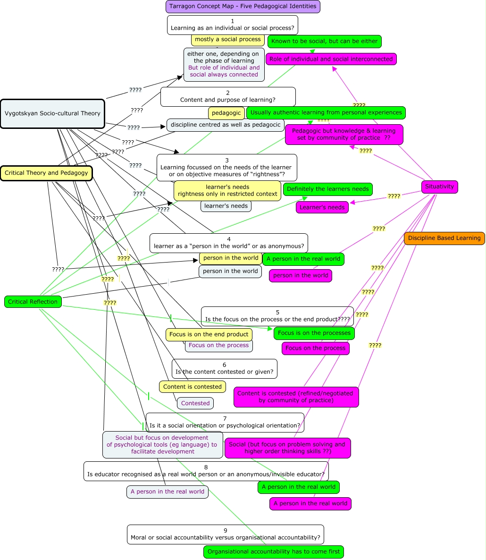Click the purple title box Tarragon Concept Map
pos(243,7)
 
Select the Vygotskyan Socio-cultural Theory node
pos(52,113)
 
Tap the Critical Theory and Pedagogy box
pos(46,173)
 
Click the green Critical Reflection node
pos(33,302)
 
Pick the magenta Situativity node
pos(439,187)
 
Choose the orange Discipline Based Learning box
pos(444,238)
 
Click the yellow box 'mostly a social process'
pos(227,40)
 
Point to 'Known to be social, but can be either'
pos(324,41)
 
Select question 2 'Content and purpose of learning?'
pos(228,97)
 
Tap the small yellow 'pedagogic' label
pos(226,113)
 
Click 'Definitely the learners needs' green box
pos(327,189)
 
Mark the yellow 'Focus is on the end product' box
pos(209,334)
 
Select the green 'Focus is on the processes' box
pos(314,333)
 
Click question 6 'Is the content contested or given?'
pos(224,368)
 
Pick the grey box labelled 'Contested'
pos(195,403)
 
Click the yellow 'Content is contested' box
pos(192,387)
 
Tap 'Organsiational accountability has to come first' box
pos(274,552)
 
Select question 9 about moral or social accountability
pos(225,534)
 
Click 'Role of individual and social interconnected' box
pos(331,59)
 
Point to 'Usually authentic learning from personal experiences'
pos(326,112)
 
